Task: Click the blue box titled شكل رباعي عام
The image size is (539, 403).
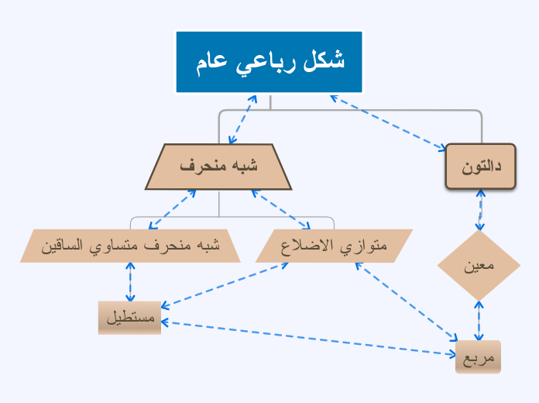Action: [x=269, y=62]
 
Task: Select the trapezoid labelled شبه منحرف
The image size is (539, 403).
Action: [x=218, y=167]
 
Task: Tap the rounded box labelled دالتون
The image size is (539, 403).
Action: [x=481, y=167]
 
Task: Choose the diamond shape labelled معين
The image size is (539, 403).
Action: [x=479, y=266]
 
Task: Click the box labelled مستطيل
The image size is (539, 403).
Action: [x=129, y=318]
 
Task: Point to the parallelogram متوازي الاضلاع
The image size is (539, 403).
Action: [x=334, y=246]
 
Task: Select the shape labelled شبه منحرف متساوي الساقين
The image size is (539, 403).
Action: [x=130, y=246]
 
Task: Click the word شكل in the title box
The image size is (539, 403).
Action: [x=324, y=62]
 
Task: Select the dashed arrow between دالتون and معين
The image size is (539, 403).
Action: [x=481, y=209]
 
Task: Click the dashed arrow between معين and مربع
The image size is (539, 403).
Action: [x=479, y=321]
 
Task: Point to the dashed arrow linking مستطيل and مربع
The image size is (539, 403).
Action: [x=310, y=339]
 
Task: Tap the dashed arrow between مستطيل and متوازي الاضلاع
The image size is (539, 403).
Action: [x=225, y=284]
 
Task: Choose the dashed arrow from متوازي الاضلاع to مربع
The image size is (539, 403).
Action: [x=407, y=301]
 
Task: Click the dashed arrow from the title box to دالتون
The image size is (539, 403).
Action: [x=387, y=121]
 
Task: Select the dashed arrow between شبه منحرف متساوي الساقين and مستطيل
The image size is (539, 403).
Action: [x=130, y=281]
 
